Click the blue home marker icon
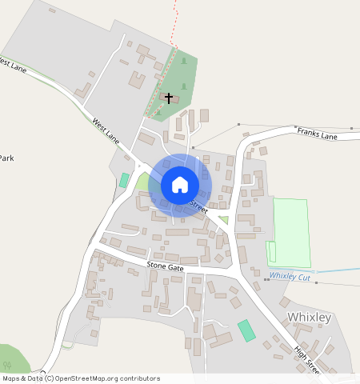tap(180, 185)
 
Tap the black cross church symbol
tap(169, 98)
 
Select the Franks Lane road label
tap(317, 133)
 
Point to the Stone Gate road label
tap(165, 266)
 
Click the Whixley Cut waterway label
tap(289, 276)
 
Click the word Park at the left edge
tap(6, 158)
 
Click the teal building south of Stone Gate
tap(247, 330)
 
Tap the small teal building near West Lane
tap(124, 181)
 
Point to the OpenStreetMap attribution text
tap(81, 378)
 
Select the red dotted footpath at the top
tap(174, 20)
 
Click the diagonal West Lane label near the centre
tap(106, 132)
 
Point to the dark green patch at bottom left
tap(11, 358)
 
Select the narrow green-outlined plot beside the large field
tap(271, 251)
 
